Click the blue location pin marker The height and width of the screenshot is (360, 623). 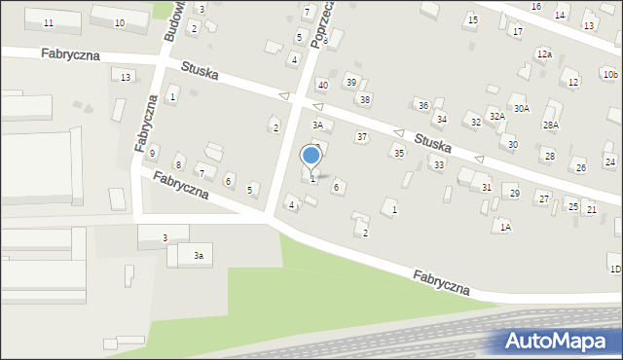pos(311,157)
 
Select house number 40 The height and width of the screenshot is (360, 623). pos(323,86)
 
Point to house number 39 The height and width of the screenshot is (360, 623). pos(351,82)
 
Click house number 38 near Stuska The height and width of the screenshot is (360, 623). pos(365,99)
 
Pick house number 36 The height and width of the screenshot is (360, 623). pos(422,105)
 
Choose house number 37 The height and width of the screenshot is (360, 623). pos(362,137)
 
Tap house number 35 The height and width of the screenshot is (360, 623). pos(398,154)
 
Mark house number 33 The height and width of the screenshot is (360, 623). pos(439,165)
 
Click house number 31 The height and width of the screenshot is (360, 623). pos(487,187)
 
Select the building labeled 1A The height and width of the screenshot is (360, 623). pos(504,227)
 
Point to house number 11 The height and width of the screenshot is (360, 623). pos(49,22)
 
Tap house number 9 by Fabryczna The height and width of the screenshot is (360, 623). pos(153,153)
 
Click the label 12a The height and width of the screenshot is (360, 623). pos(543,54)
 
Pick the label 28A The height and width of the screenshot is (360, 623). pos(551,126)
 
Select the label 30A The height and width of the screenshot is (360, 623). pos(522,108)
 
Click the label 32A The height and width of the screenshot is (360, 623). pos(496,116)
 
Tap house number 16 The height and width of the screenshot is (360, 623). pos(536,7)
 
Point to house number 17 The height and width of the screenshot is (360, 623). pos(518,32)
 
